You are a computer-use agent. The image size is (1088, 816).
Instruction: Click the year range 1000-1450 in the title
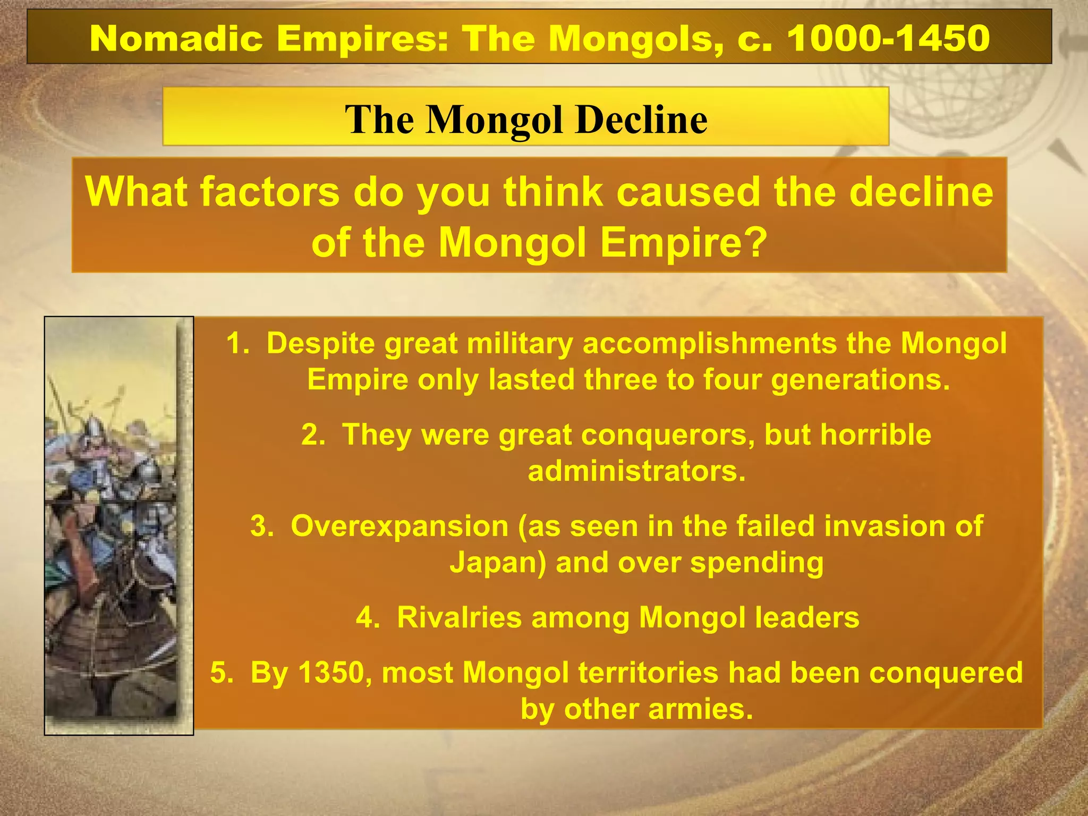tap(888, 38)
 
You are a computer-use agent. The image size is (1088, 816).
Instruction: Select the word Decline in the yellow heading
tap(642, 119)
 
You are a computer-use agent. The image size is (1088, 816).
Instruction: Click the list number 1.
tap(237, 343)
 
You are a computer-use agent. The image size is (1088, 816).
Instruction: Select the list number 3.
tap(261, 526)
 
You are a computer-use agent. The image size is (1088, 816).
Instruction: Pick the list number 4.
tap(368, 617)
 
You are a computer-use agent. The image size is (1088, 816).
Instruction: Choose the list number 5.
tap(220, 673)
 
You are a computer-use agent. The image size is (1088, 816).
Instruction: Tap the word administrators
tap(636, 471)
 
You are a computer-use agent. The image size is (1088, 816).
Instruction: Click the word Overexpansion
tap(399, 526)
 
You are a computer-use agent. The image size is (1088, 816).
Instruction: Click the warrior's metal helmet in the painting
tap(94, 427)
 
